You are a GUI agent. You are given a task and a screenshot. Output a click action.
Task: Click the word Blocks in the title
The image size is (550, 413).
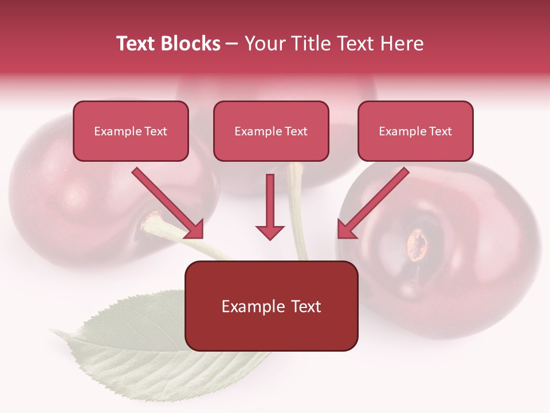point(191,44)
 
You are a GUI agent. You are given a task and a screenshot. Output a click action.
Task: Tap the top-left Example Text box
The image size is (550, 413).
point(131,131)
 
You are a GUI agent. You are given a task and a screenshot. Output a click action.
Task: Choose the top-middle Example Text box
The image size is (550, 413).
point(271,131)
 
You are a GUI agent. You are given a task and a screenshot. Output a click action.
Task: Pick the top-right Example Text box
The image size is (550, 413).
point(415,131)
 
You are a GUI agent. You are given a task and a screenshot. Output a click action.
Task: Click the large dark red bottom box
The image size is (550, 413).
point(271,306)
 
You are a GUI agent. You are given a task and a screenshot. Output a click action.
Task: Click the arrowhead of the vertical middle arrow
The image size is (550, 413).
point(270,232)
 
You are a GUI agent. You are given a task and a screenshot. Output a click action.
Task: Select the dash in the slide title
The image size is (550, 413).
point(233,44)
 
